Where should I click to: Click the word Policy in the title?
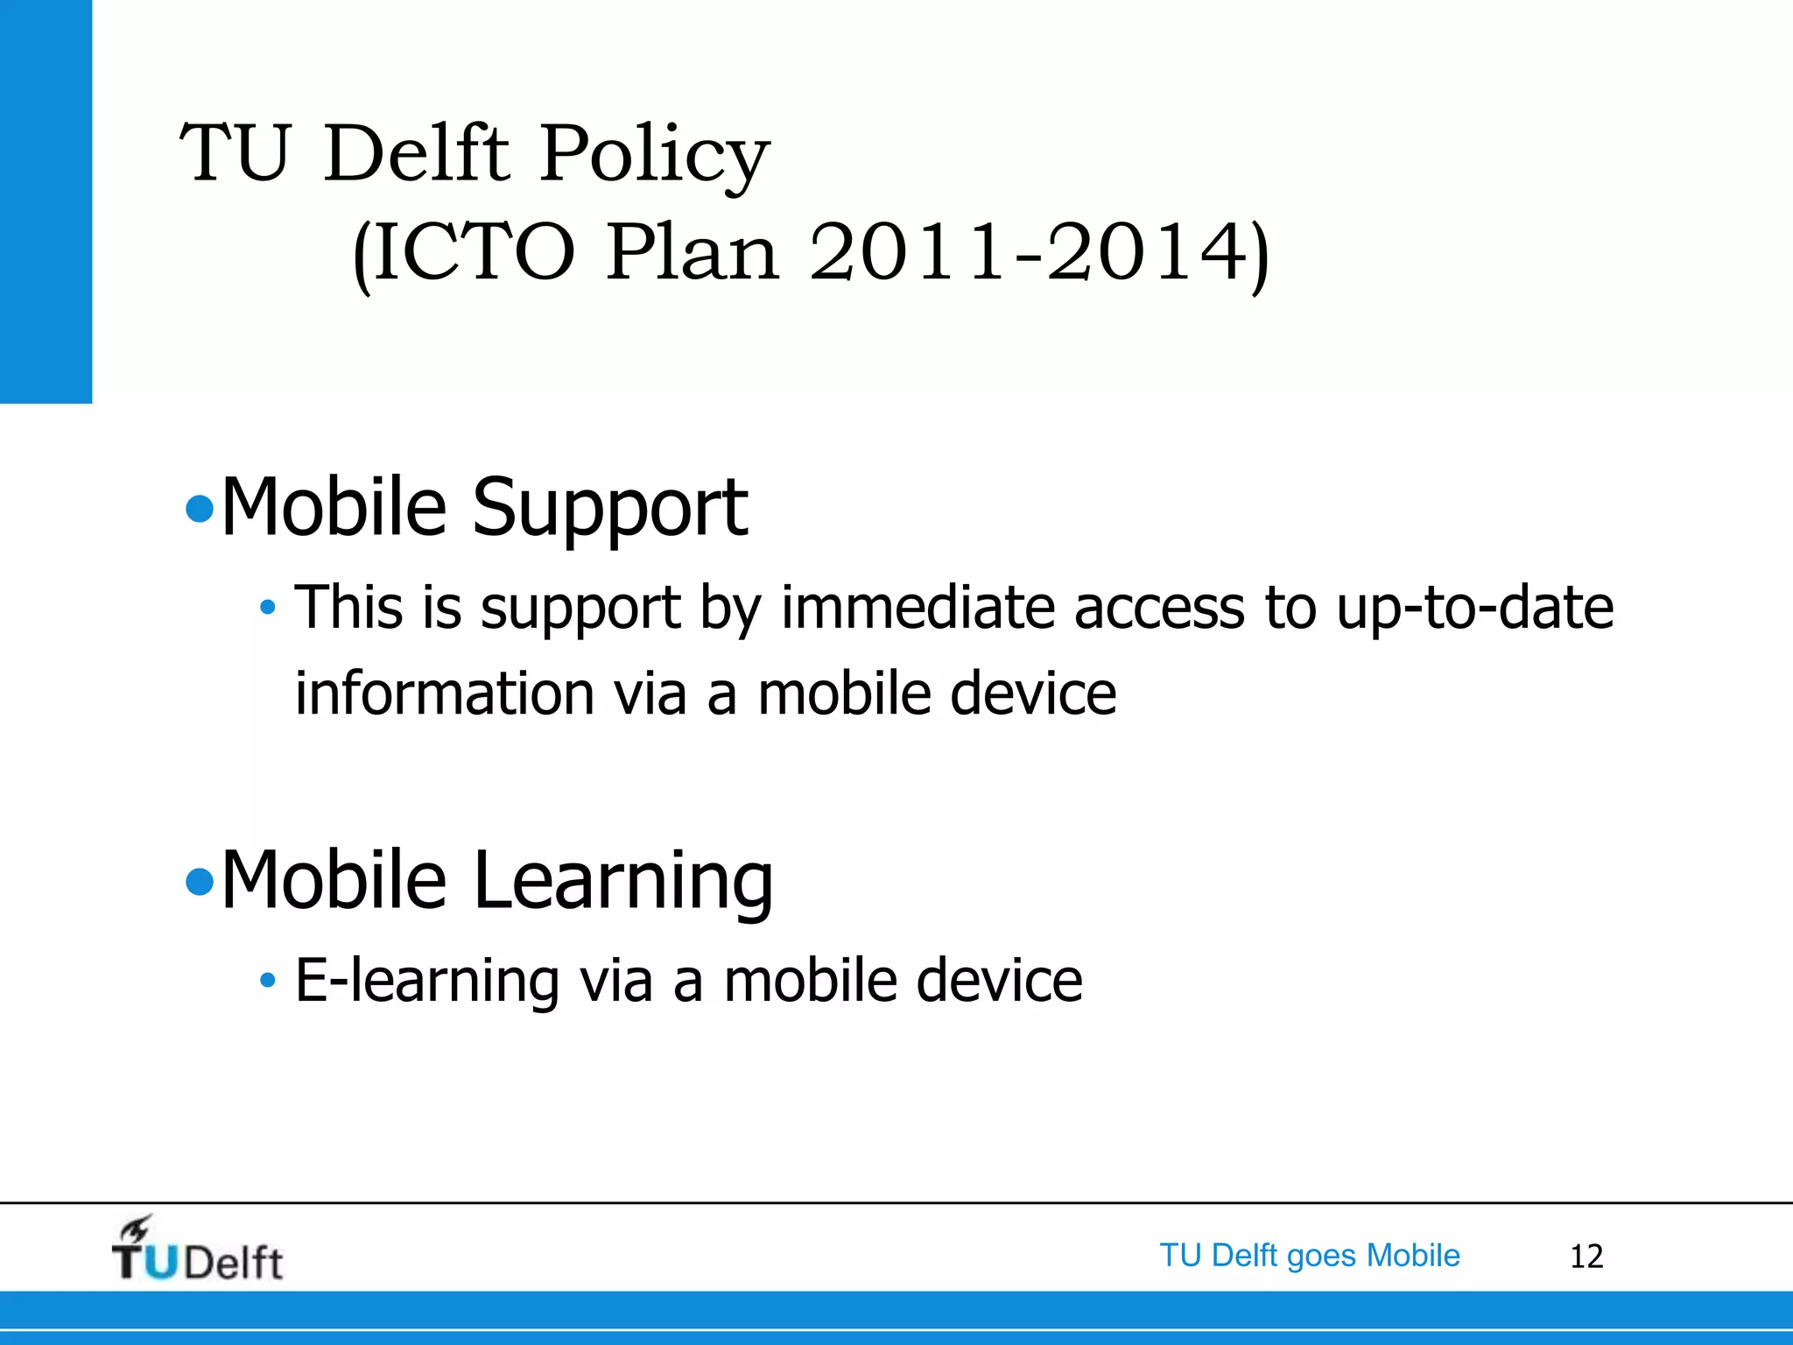654,154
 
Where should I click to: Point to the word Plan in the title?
692,254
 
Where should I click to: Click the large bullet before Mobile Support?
200,509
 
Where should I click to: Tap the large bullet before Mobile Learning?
200,882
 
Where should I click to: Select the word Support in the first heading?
610,508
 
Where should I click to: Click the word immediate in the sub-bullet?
918,608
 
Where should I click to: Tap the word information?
446,694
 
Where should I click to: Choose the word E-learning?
427,980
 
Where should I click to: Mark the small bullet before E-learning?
268,980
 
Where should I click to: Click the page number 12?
1586,1257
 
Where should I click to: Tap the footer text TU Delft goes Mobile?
1309,1256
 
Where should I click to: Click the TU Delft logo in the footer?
198,1252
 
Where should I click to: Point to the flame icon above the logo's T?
136,1228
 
